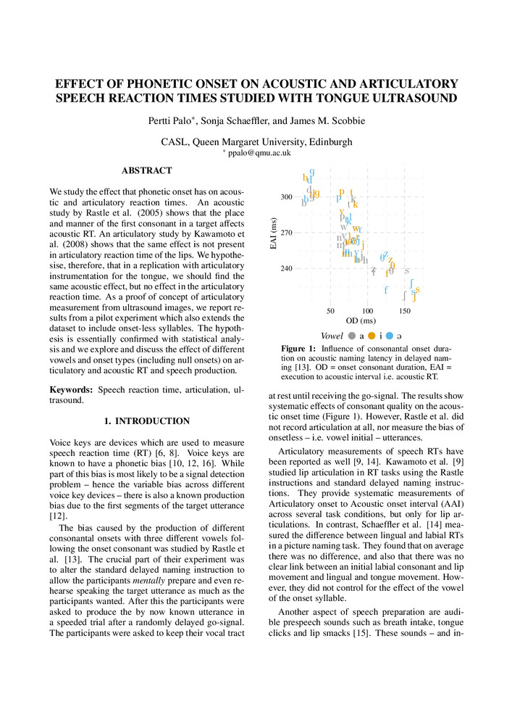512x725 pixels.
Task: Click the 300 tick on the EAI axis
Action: pyautogui.click(x=287, y=197)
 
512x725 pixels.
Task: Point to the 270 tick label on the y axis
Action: pyautogui.click(x=287, y=233)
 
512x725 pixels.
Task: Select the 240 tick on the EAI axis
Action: pyautogui.click(x=287, y=268)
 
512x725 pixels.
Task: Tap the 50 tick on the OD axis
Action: pyautogui.click(x=331, y=310)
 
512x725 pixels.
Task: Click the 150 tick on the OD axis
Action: pyautogui.click(x=404, y=310)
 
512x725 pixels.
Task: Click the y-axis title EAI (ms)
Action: pyautogui.click(x=274, y=233)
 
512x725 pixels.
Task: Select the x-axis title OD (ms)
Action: pyautogui.click(x=360, y=320)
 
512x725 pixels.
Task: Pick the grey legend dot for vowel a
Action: pyautogui.click(x=351, y=336)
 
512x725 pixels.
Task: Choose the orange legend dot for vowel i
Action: pyautogui.click(x=371, y=336)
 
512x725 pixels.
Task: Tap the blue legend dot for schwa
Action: pyautogui.click(x=390, y=336)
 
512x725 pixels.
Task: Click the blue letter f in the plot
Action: pyautogui.click(x=386, y=290)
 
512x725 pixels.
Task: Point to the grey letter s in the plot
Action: pyautogui.click(x=407, y=270)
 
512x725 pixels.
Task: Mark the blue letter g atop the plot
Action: pyautogui.click(x=311, y=173)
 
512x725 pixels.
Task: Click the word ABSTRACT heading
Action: pyautogui.click(x=147, y=170)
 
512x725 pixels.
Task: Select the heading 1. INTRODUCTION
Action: pyautogui.click(x=146, y=420)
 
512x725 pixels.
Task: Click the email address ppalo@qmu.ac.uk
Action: pyautogui.click(x=259, y=153)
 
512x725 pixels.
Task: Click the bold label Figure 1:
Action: pyautogui.click(x=298, y=349)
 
